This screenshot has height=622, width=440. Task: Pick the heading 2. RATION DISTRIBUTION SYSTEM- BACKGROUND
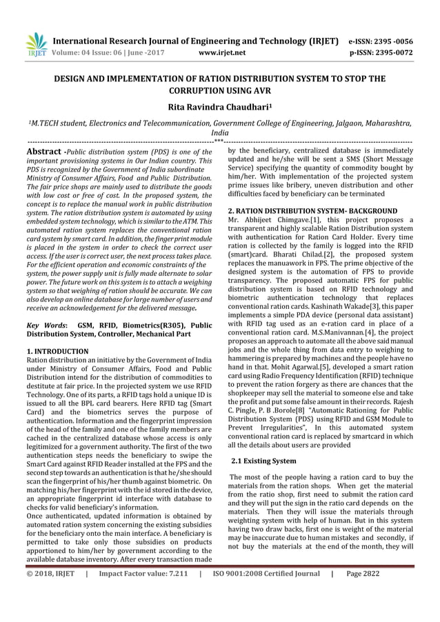coord(312,210)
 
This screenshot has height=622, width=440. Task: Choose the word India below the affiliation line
coord(219,136)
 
